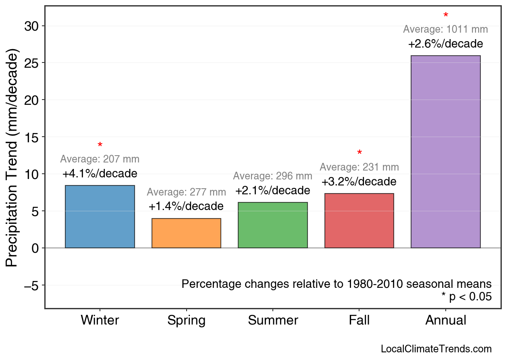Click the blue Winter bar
pyautogui.click(x=100, y=217)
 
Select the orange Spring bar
pyautogui.click(x=186, y=233)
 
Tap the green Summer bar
pyautogui.click(x=273, y=225)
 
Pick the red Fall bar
pyautogui.click(x=359, y=221)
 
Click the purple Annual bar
pyautogui.click(x=445, y=152)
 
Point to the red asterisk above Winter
pyautogui.click(x=100, y=146)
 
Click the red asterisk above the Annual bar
pyautogui.click(x=446, y=16)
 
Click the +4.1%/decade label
pyautogui.click(x=100, y=174)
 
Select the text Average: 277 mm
pyautogui.click(x=186, y=192)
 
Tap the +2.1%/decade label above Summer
pyautogui.click(x=273, y=190)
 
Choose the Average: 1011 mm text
pyautogui.click(x=445, y=29)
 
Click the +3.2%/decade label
pyautogui.click(x=359, y=182)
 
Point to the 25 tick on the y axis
pyautogui.click(x=31, y=63)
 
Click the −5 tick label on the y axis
pyautogui.click(x=31, y=286)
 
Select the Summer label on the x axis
pyautogui.click(x=273, y=320)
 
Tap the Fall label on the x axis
pyautogui.click(x=359, y=320)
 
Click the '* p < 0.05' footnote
pyautogui.click(x=466, y=297)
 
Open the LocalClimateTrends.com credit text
pyautogui.click(x=436, y=349)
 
